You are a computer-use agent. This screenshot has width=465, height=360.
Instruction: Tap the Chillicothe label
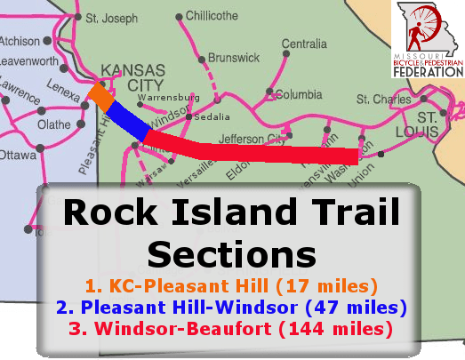(x=212, y=16)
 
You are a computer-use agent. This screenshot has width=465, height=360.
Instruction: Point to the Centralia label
(x=304, y=44)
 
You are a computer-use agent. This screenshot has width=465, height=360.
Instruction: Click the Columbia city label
(x=298, y=93)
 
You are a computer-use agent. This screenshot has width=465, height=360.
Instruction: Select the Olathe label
(x=53, y=125)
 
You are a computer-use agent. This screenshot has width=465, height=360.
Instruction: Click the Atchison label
(x=20, y=41)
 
